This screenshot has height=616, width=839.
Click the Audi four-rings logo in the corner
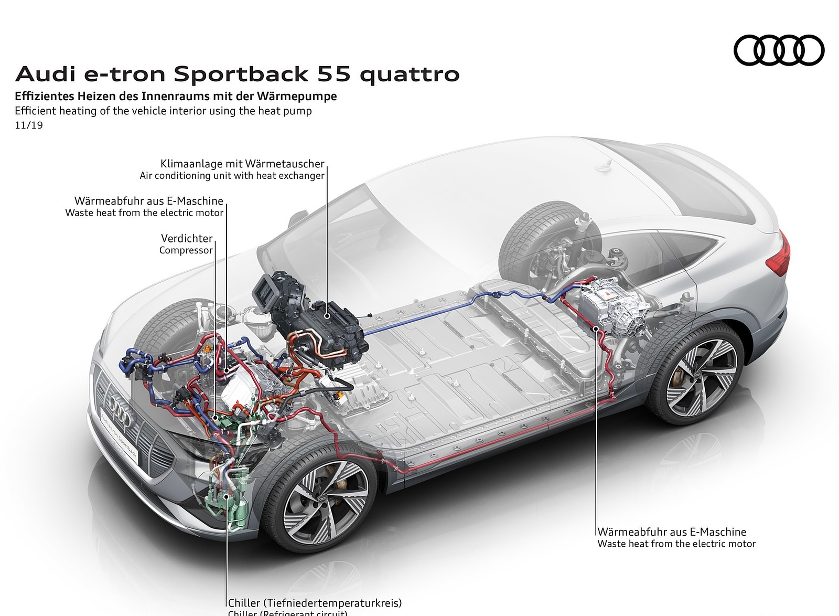779,50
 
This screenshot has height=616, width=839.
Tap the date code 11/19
29,125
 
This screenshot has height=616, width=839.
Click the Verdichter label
187,239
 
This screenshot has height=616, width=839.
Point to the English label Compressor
186,250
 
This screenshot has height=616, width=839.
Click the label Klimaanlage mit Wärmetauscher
242,164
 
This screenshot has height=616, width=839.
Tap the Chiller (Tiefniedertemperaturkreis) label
315,603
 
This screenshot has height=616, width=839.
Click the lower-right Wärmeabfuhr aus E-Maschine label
672,532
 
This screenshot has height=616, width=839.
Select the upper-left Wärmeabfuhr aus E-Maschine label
149,201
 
